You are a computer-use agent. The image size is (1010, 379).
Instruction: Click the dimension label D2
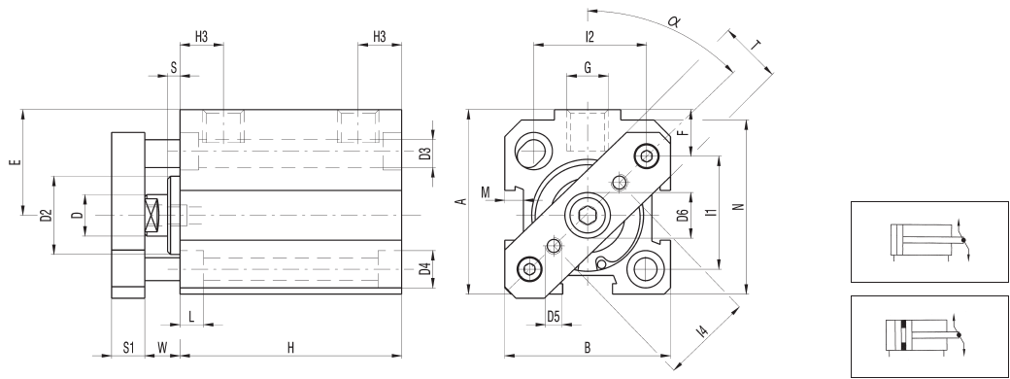(45, 215)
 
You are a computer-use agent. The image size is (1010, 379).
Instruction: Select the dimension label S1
(127, 347)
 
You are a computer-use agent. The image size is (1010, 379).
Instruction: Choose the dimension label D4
(424, 268)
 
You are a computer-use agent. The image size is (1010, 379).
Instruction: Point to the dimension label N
(738, 206)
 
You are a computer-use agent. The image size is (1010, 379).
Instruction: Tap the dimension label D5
(554, 317)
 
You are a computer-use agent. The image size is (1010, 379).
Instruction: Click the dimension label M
(485, 191)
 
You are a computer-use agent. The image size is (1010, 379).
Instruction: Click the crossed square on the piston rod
(152, 214)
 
